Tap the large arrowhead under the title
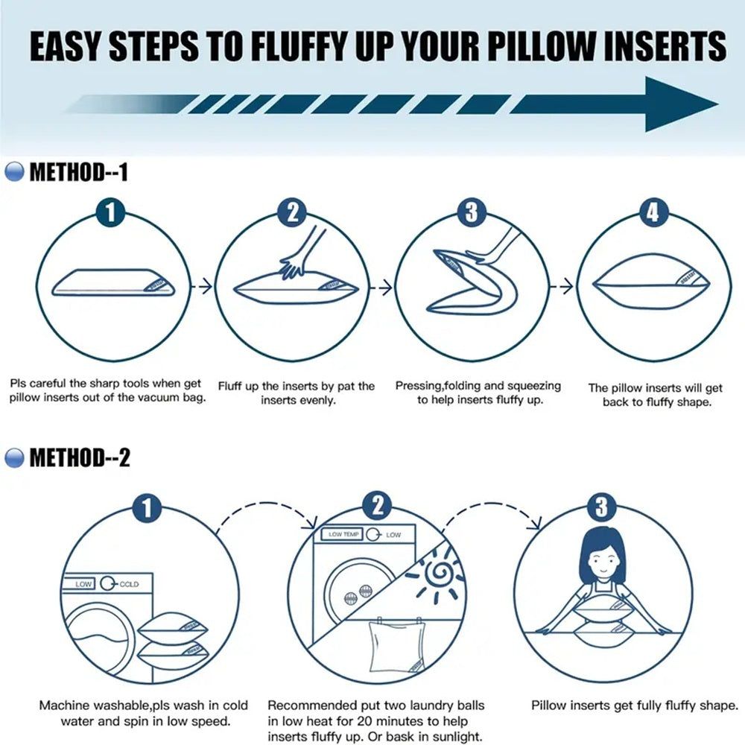coord(674,104)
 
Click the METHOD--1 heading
coord(78,173)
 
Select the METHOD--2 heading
coord(79,457)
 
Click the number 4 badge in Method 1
coord(653,213)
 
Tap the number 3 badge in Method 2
coord(601,508)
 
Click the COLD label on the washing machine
coord(130,584)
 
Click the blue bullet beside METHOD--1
coord(14,173)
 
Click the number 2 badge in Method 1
coord(292,213)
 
